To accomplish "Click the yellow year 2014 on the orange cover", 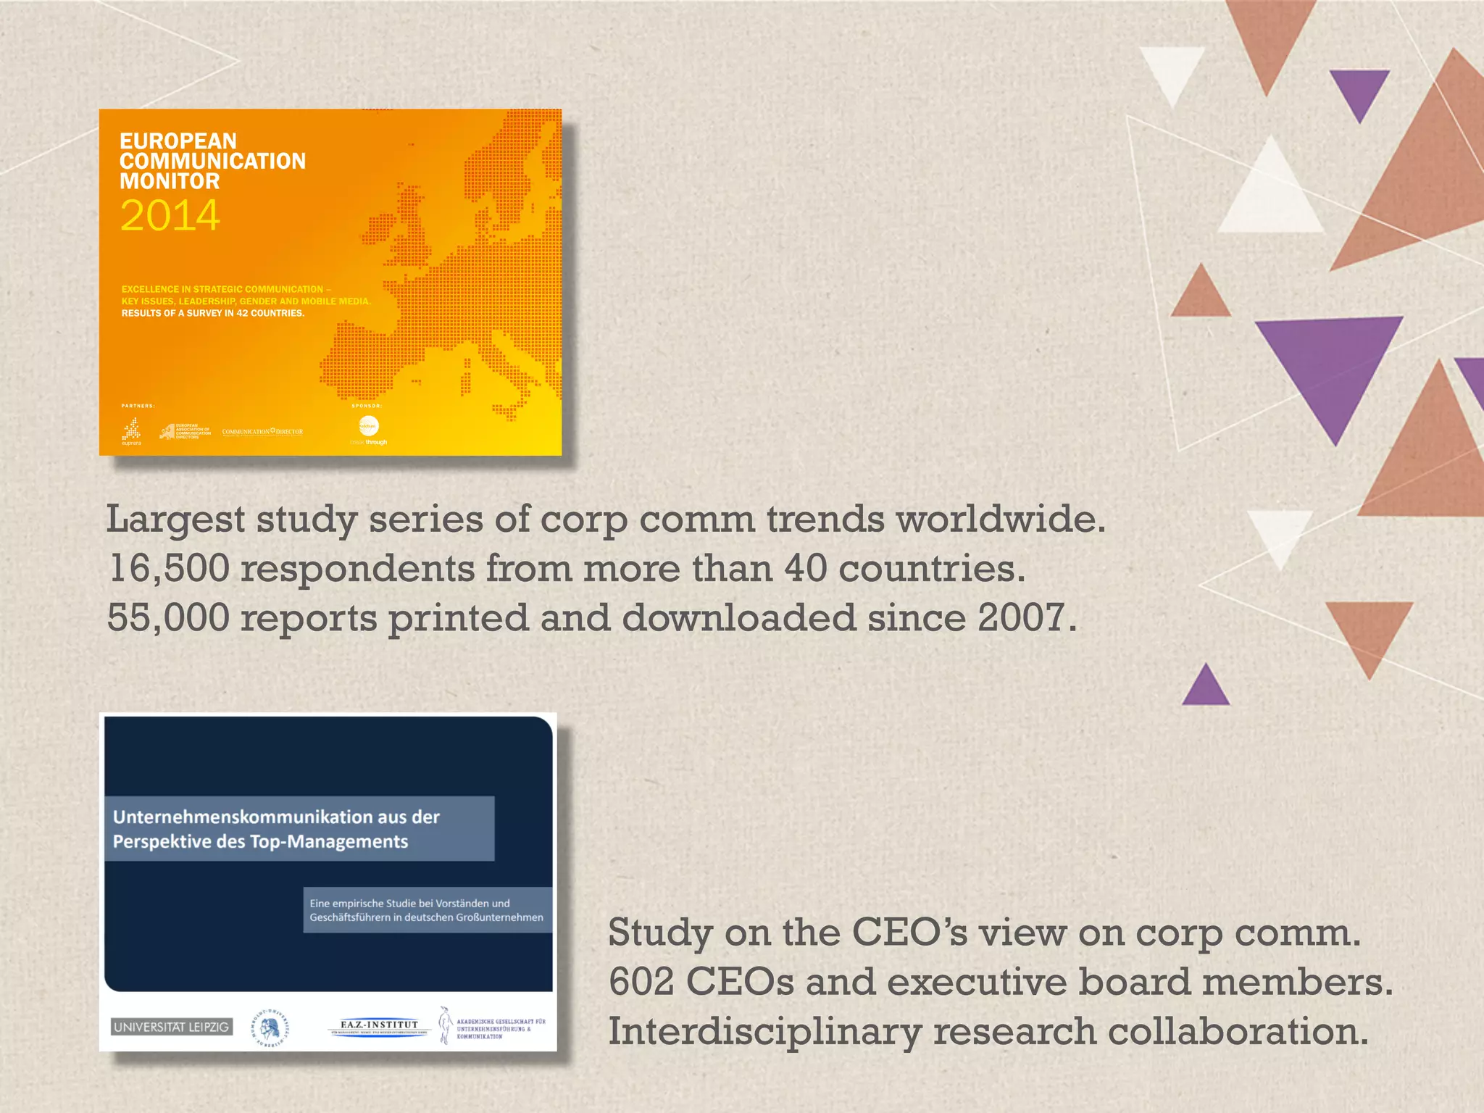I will click(170, 215).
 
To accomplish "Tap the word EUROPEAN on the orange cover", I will click(178, 141).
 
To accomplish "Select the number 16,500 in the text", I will click(169, 568).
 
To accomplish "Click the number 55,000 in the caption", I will click(168, 618).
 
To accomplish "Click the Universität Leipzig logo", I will click(172, 1027).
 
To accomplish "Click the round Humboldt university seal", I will click(270, 1027).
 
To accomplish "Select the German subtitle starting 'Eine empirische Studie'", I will click(427, 910).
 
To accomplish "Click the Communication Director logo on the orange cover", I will click(262, 432).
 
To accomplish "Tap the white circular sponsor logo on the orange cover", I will click(369, 425).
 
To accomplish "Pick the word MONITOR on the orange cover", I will click(170, 181).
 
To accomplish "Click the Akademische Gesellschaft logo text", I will click(501, 1028).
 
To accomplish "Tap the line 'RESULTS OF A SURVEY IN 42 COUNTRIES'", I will click(213, 313).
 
